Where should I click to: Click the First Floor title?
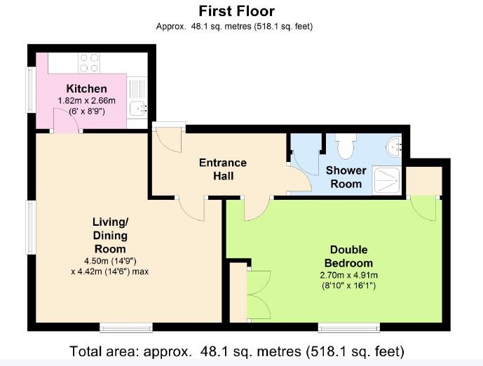(x=236, y=11)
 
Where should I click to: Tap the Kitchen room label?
(x=86, y=89)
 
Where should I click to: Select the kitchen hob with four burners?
(x=89, y=63)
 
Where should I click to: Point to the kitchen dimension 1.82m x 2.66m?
(x=86, y=101)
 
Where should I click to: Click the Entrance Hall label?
(x=222, y=169)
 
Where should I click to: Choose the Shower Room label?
(x=346, y=177)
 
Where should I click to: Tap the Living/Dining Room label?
(x=109, y=235)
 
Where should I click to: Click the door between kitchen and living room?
(x=67, y=123)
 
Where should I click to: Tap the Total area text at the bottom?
(x=238, y=351)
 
